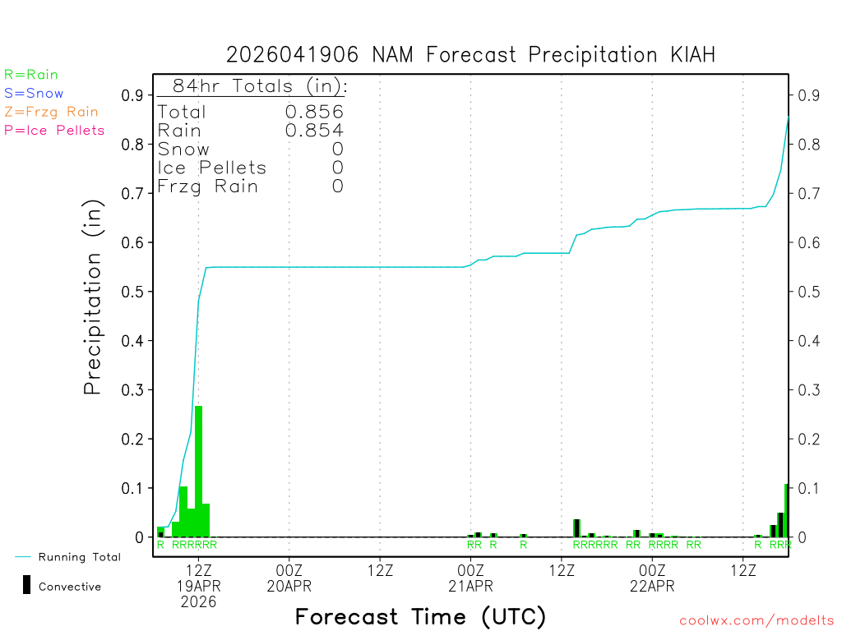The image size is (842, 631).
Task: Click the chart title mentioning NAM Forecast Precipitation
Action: point(470,55)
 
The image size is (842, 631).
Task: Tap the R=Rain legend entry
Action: point(31,75)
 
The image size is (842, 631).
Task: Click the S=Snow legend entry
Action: point(34,94)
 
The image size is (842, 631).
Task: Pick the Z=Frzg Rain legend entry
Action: point(51,112)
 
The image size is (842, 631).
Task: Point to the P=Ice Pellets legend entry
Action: point(54,130)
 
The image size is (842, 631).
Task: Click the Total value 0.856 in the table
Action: point(314,112)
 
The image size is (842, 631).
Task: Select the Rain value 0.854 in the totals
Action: point(314,131)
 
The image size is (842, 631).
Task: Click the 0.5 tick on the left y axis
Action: point(132,292)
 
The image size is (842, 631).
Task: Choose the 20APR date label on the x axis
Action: point(289,586)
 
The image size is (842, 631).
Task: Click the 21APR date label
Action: point(470,586)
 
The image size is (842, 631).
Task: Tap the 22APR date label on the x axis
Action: point(652,586)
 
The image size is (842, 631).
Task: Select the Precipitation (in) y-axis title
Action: point(93,297)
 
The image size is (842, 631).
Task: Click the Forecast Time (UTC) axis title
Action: point(420,616)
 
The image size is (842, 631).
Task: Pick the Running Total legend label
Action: point(80,557)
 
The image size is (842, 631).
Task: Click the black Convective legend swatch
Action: point(26,585)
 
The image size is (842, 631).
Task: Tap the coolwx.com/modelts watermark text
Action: point(756,621)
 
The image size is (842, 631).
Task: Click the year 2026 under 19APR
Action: point(199,602)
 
